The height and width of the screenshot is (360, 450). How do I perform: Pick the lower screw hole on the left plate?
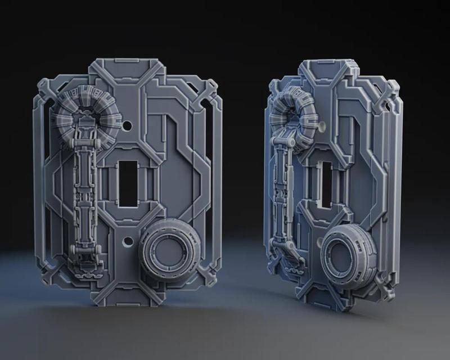click(128, 242)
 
